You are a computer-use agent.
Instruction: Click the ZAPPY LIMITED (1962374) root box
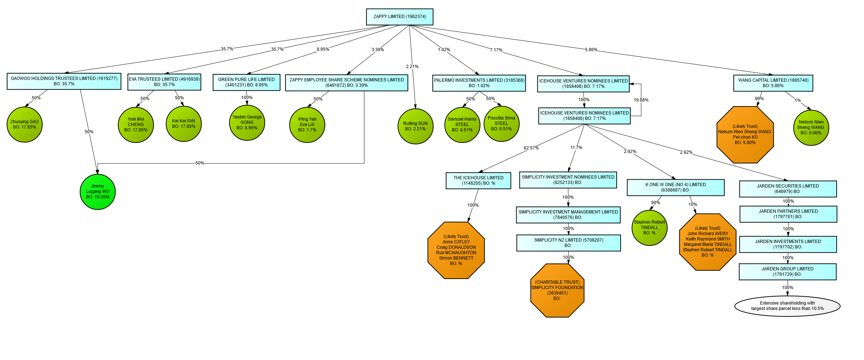pos(399,17)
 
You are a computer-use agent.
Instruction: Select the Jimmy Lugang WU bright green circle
pos(98,192)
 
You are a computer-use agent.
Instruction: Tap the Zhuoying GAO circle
pos(24,125)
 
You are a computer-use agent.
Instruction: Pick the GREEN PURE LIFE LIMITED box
pos(246,82)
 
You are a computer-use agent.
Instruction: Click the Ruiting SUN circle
pos(415,126)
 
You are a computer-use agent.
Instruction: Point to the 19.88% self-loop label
pos(641,100)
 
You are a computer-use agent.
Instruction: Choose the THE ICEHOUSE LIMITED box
pos(478,181)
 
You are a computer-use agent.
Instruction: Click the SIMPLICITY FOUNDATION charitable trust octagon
pos(557,290)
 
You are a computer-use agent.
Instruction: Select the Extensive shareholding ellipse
pos(787,306)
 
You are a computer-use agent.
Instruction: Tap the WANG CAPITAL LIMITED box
pos(773,83)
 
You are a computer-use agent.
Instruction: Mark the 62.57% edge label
pos(531,148)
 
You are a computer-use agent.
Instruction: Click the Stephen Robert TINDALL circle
pos(649,228)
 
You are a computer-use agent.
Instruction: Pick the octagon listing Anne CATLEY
pos(456,250)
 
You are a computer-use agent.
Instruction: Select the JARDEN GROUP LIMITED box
pos(787,272)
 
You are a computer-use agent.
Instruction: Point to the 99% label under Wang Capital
pos(759,99)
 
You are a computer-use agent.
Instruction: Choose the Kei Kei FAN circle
pos(184,124)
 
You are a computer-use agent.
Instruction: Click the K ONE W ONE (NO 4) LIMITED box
pos(675,188)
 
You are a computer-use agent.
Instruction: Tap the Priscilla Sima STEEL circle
pos(501,124)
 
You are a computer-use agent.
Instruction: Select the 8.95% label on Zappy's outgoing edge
pos(323,49)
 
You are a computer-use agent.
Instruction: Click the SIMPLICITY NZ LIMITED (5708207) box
pos(568,243)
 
